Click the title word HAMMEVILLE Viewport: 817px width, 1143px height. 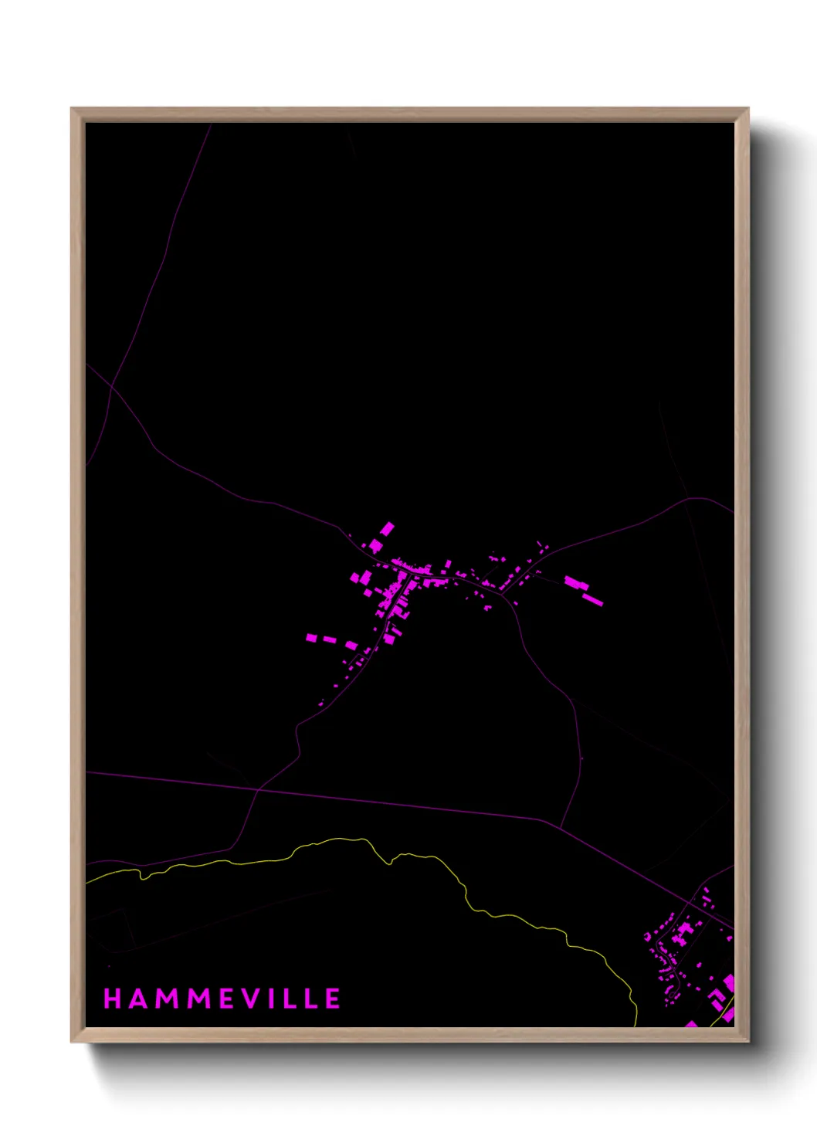click(x=222, y=999)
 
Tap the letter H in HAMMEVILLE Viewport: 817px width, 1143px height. click(x=113, y=999)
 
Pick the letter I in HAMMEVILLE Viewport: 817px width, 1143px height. click(x=277, y=999)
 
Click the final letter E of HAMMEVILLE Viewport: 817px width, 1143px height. click(x=332, y=999)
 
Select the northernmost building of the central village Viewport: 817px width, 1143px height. click(x=387, y=529)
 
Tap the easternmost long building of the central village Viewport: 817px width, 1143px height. click(x=592, y=599)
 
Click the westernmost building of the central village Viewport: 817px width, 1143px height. click(x=311, y=638)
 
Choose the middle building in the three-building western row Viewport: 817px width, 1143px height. click(x=330, y=641)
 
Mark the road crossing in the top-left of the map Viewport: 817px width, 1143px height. click(x=112, y=386)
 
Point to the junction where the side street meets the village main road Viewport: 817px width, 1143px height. click(x=408, y=578)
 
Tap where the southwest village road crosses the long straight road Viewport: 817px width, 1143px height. click(x=259, y=789)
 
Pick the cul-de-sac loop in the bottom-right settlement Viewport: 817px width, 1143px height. click(x=656, y=941)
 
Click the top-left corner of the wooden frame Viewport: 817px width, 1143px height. click(x=72, y=109)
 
